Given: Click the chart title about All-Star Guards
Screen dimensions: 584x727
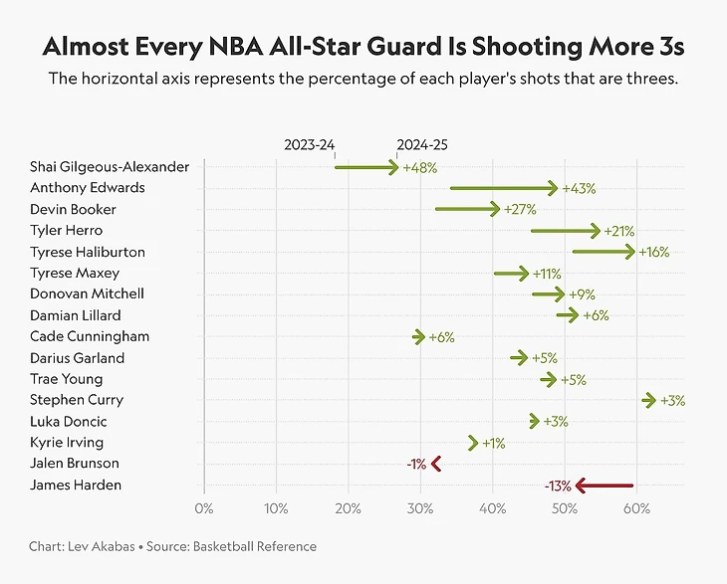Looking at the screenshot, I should (x=363, y=47).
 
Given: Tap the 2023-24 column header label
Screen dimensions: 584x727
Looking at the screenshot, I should (x=309, y=144).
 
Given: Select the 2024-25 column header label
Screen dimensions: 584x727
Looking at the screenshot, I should (x=422, y=144).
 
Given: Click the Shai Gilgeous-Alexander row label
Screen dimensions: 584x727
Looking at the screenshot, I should (x=110, y=167).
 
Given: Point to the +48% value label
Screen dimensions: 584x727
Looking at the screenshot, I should (x=419, y=167).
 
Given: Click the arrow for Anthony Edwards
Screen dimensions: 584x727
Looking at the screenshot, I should (x=503, y=188).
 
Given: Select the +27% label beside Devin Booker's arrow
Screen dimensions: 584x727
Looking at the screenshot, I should (x=520, y=209).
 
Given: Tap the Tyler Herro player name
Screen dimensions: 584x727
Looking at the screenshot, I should (x=66, y=231).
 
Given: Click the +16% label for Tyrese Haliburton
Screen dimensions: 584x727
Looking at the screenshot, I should (x=653, y=252).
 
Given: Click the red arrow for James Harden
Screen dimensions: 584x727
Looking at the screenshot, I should (x=604, y=486).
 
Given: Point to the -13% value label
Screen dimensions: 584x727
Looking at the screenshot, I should (x=558, y=486).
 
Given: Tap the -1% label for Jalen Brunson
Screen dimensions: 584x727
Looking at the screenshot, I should (x=416, y=464).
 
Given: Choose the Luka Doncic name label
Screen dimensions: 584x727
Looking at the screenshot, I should (x=69, y=421).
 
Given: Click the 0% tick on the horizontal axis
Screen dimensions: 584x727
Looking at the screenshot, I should (x=203, y=509).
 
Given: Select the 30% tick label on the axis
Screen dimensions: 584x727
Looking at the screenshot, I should (x=420, y=509).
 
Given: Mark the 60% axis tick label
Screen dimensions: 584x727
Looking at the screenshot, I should (x=636, y=509).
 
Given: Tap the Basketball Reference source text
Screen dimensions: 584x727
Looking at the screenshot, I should (x=260, y=546).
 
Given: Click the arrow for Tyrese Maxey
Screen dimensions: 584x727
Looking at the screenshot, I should (x=511, y=273).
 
